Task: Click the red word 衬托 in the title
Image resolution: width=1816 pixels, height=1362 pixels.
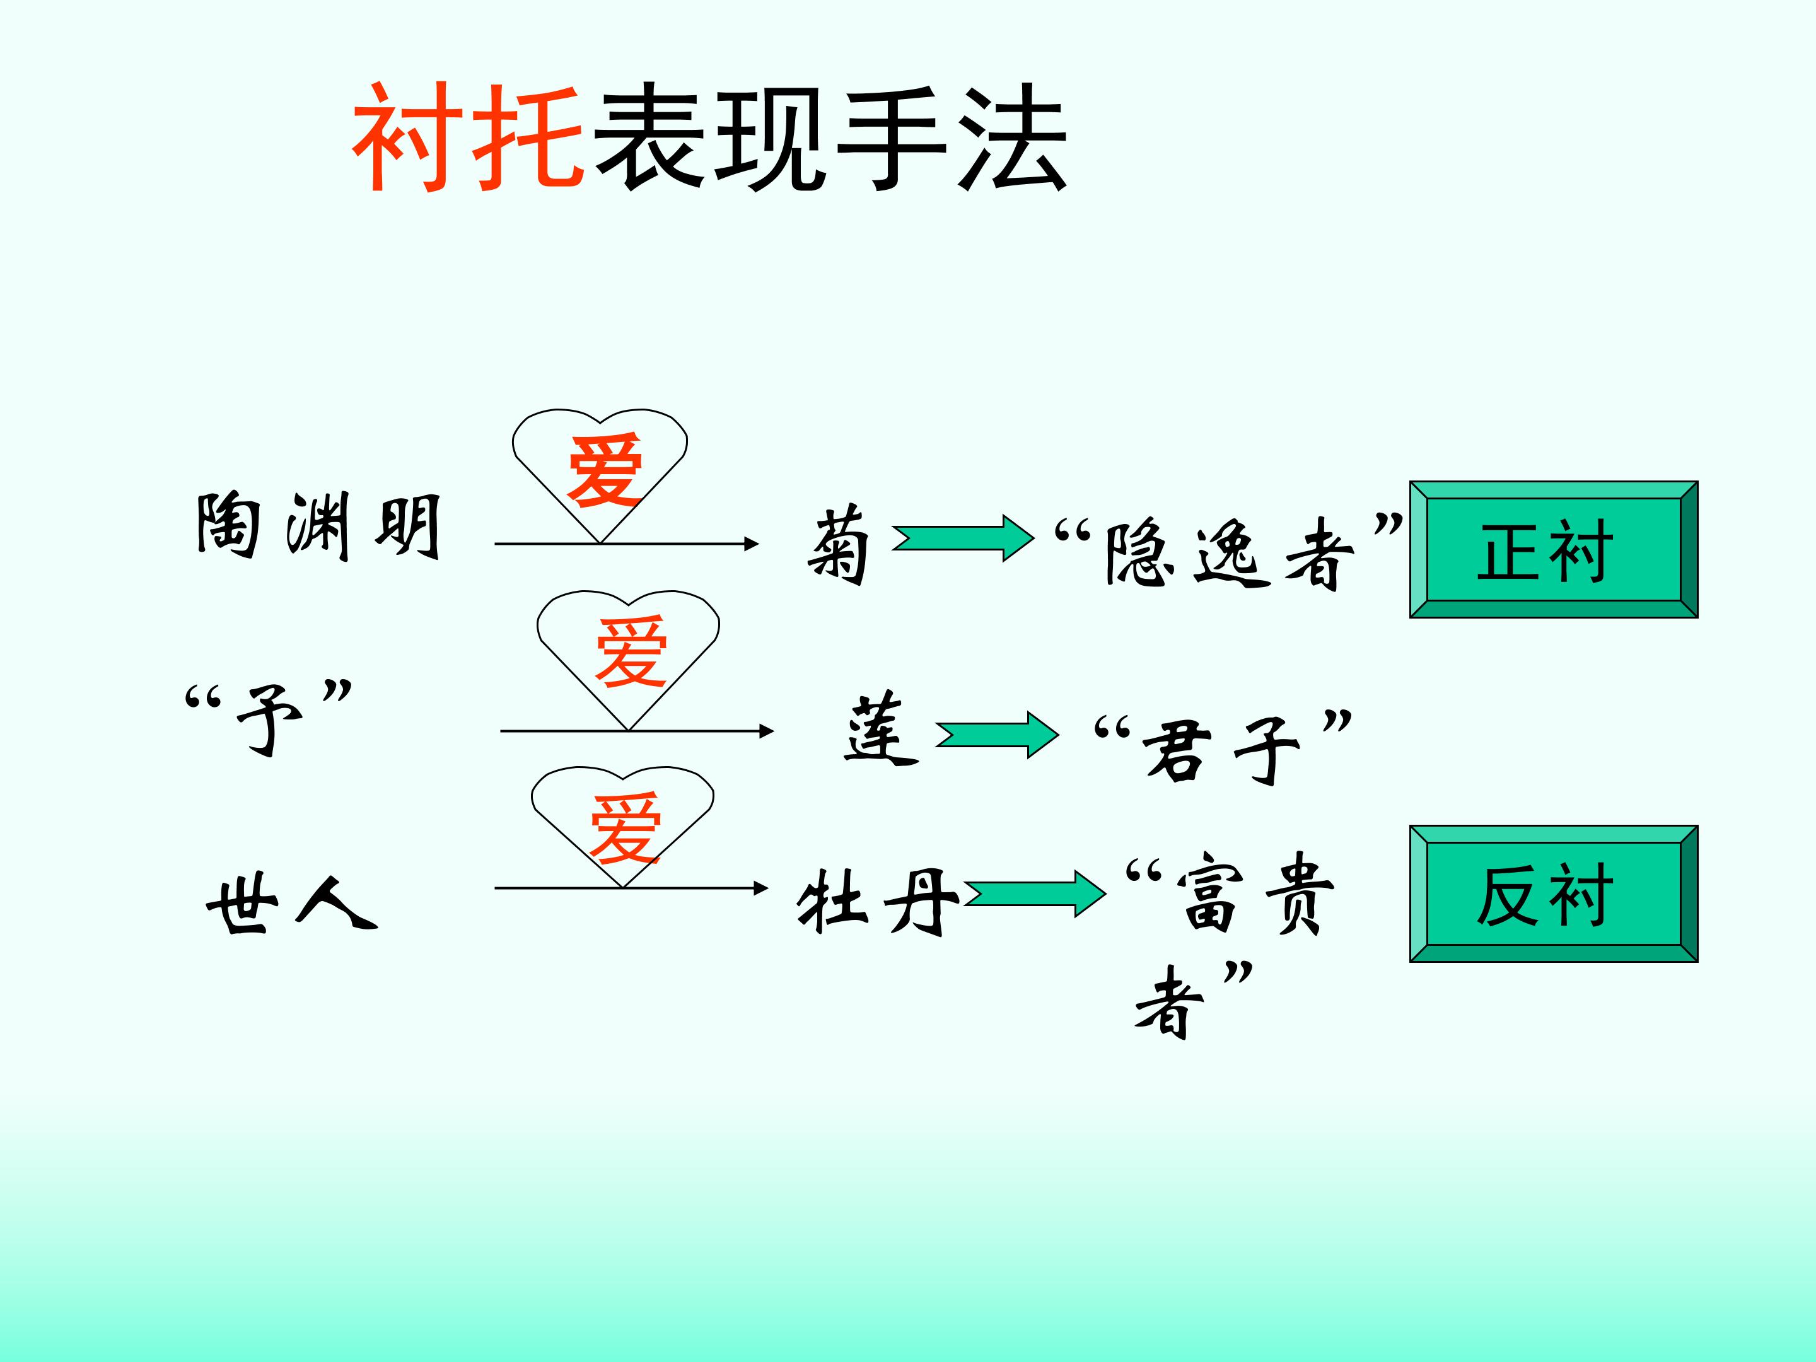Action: (468, 138)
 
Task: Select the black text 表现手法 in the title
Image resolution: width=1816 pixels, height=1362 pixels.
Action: (829, 138)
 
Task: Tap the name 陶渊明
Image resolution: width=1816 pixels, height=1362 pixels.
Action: (318, 527)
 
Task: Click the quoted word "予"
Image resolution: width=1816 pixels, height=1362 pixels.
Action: (269, 715)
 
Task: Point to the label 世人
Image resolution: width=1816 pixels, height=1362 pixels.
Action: (291, 904)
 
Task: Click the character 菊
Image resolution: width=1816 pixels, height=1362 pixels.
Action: (837, 545)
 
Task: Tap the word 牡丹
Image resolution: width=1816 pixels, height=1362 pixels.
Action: (877, 902)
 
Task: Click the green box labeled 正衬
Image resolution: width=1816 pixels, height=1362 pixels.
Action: (1553, 550)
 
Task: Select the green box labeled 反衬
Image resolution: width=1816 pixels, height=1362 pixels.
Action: (1553, 894)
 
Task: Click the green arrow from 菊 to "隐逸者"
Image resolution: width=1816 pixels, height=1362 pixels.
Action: (962, 538)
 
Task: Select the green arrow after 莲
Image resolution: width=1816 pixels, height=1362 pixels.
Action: (997, 735)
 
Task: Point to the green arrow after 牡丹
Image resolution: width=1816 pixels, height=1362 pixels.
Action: (1035, 894)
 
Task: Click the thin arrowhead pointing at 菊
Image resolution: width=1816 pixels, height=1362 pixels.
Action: (750, 544)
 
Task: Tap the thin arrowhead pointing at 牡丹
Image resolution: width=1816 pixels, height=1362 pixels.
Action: (760, 887)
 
